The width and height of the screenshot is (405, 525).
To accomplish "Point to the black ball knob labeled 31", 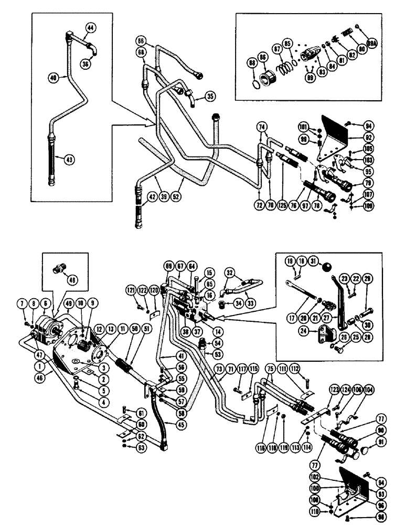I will [327, 267].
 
